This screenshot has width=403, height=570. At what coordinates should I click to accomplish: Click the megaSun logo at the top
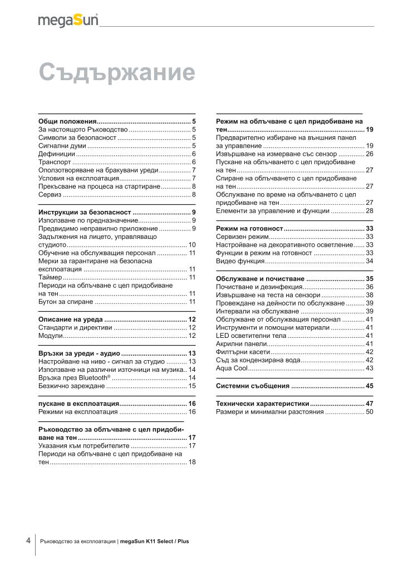(68, 20)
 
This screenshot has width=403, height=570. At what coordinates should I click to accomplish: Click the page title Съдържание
(117, 72)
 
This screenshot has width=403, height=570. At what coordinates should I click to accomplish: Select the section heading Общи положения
(67, 121)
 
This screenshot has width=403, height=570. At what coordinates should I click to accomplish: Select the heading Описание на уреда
(71, 320)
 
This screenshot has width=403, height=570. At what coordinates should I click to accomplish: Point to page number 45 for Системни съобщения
(369, 386)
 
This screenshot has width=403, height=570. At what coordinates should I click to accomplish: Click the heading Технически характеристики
(262, 404)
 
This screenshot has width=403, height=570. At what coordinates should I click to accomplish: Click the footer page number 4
(28, 540)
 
